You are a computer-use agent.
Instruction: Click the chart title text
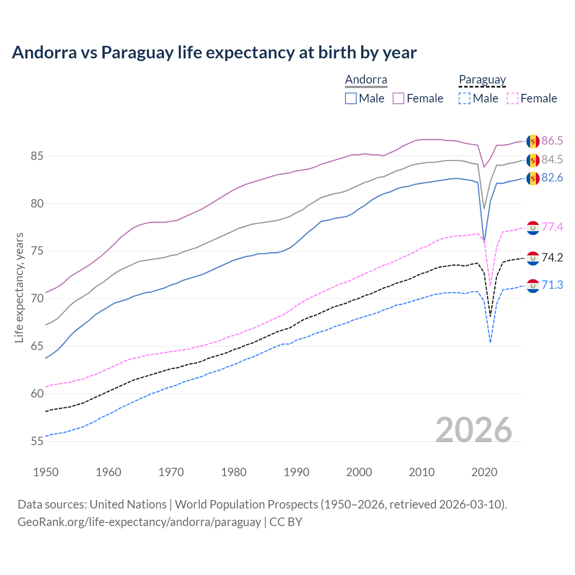[x=214, y=53]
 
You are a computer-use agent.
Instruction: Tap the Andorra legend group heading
[x=366, y=80]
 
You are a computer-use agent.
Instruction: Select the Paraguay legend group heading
[x=482, y=80]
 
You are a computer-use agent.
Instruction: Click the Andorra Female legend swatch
[x=398, y=98]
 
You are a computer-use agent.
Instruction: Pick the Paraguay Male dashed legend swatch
[x=464, y=98]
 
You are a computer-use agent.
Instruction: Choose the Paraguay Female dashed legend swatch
[x=513, y=98]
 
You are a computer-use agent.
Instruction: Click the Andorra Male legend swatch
[x=351, y=98]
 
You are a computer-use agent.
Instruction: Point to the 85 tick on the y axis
[x=37, y=156]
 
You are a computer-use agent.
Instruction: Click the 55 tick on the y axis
[x=37, y=441]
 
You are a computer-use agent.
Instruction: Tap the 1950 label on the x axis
[x=46, y=472]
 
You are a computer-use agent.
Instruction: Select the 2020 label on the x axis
[x=484, y=472]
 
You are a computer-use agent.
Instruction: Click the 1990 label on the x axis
[x=296, y=472]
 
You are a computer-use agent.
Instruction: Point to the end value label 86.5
[x=552, y=141]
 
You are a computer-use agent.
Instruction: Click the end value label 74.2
[x=552, y=258]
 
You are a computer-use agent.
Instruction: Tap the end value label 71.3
[x=552, y=285]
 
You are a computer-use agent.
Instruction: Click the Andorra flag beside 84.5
[x=533, y=160]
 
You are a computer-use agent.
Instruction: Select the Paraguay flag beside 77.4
[x=533, y=228]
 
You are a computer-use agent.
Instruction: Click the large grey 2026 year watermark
[x=473, y=430]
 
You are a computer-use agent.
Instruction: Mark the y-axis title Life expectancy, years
[x=19, y=287]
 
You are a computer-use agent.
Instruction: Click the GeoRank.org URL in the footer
[x=139, y=522]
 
